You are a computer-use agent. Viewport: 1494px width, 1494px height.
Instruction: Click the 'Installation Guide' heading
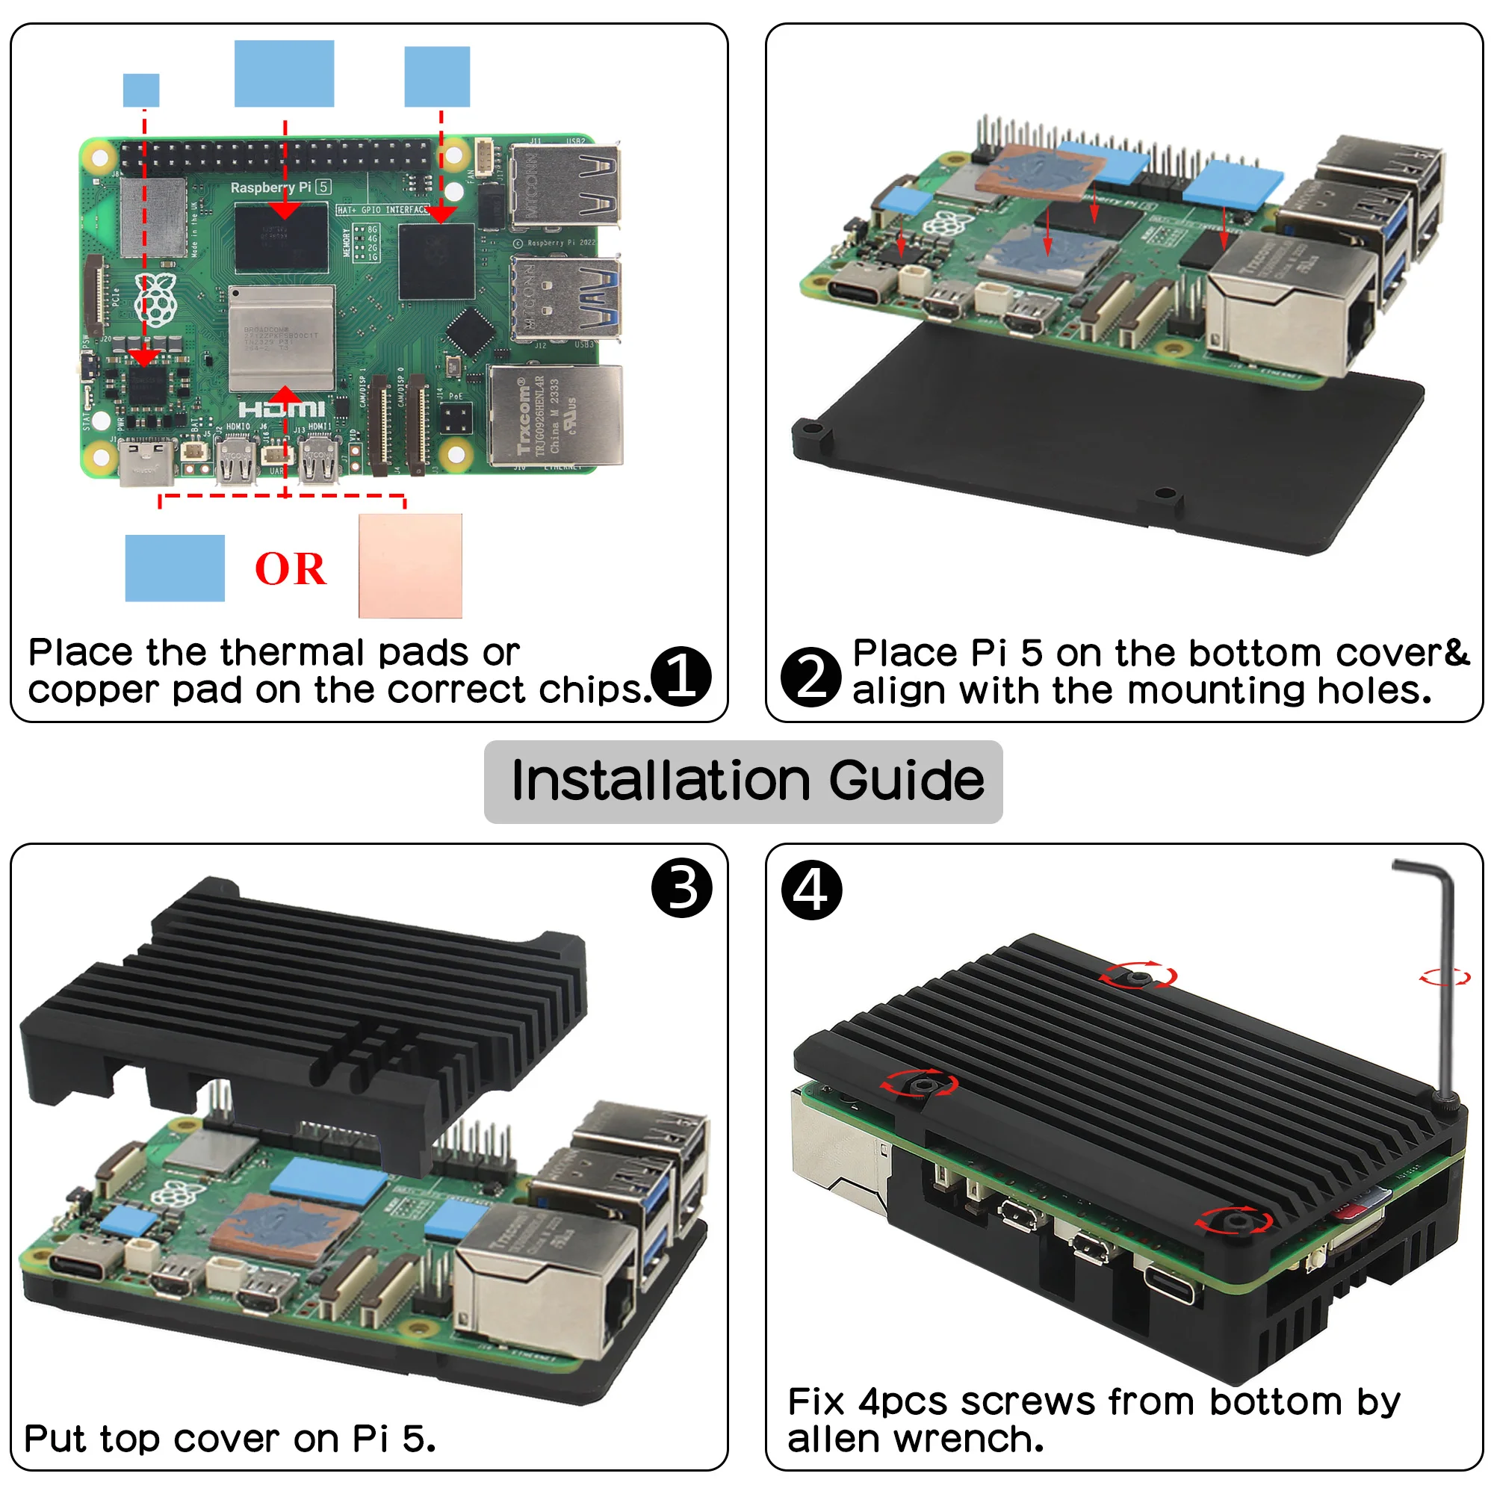click(747, 781)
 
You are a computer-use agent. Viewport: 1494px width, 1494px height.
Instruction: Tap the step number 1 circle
click(681, 676)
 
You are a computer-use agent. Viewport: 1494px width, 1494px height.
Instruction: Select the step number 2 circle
click(810, 677)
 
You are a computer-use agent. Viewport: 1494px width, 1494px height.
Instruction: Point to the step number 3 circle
click(681, 887)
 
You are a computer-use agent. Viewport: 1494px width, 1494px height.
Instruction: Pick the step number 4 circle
click(811, 889)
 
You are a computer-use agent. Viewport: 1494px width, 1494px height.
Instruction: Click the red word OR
click(290, 569)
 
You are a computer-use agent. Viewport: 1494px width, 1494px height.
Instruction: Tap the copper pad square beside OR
click(410, 565)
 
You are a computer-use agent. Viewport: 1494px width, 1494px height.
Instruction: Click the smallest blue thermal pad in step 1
click(140, 90)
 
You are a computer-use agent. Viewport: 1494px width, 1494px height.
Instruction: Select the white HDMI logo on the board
click(281, 409)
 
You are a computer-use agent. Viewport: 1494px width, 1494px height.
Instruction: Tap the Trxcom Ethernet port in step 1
click(554, 416)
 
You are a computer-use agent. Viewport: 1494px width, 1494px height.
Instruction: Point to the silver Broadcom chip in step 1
click(282, 338)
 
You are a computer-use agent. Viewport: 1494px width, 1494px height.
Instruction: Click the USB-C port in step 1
click(147, 462)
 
